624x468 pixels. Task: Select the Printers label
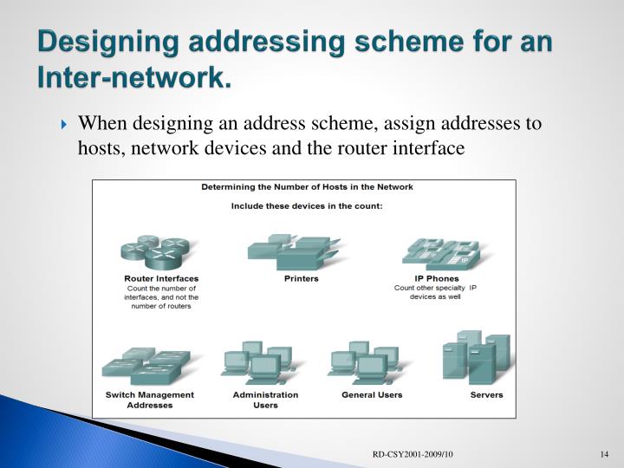click(302, 278)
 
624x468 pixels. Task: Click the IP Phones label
click(438, 278)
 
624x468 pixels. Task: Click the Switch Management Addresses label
click(150, 400)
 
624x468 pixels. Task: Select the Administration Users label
click(265, 400)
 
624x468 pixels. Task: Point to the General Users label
click(371, 395)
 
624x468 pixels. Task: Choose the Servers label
click(486, 395)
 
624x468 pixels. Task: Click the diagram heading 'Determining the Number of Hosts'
click(308, 186)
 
